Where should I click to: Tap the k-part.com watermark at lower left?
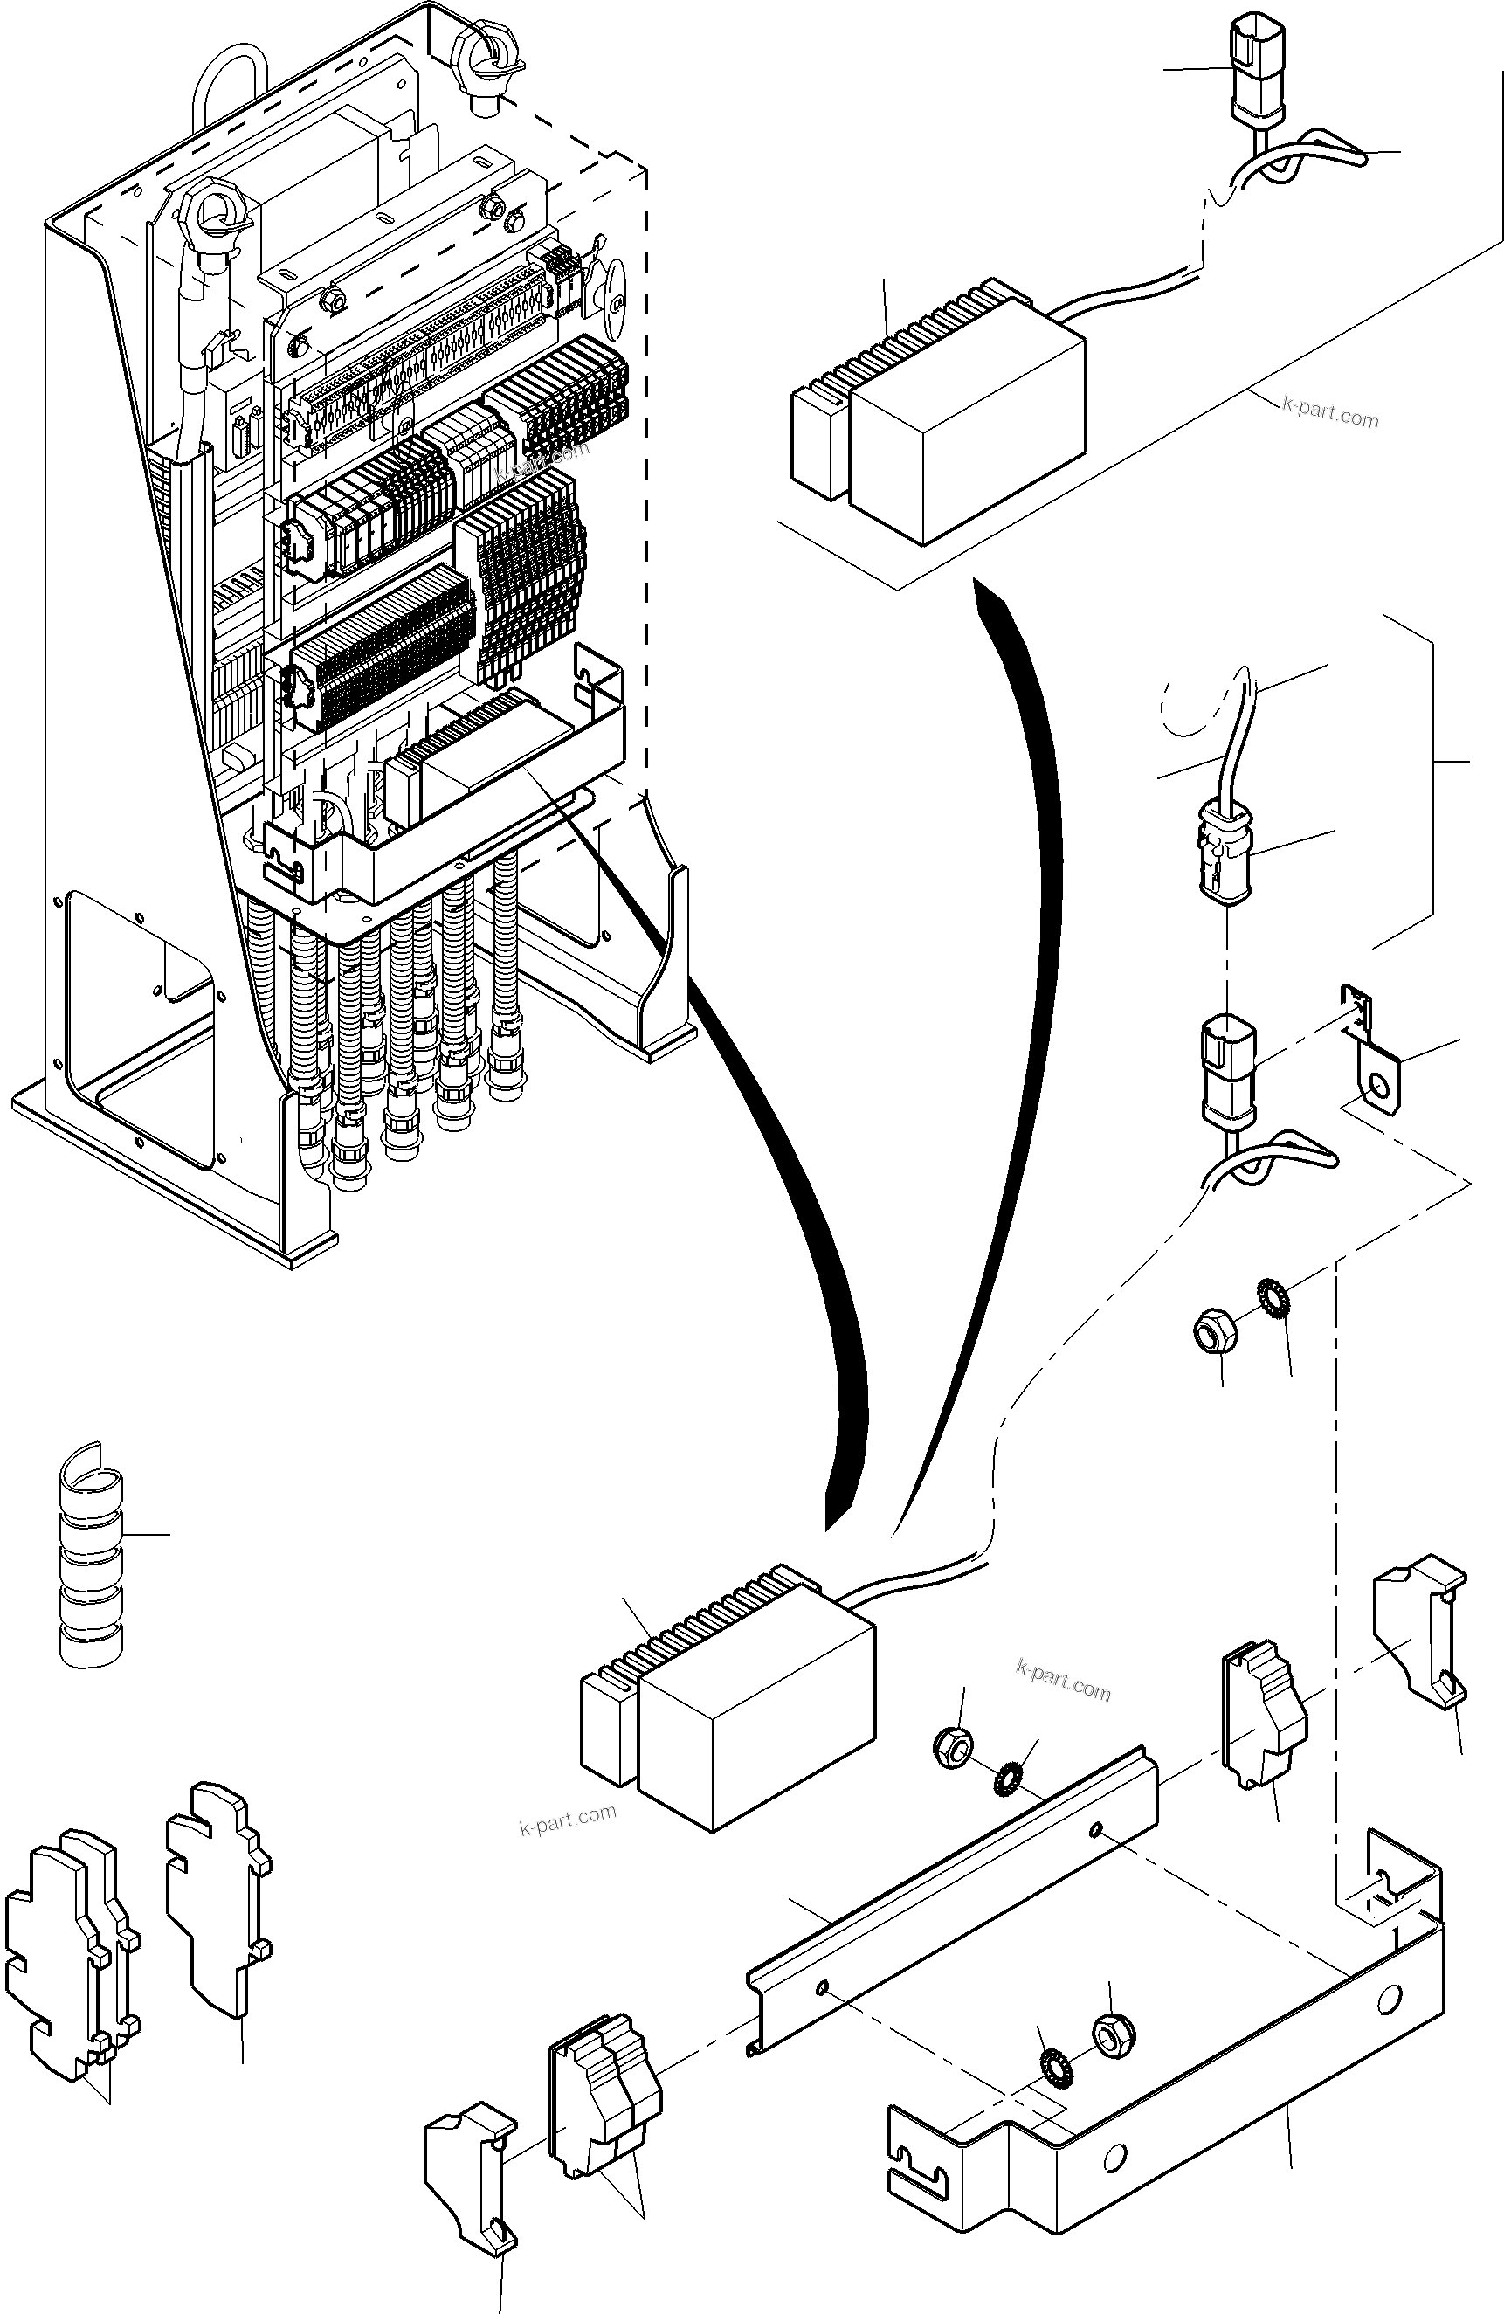coord(568,1818)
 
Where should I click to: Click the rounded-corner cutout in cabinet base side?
coord(141,1031)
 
